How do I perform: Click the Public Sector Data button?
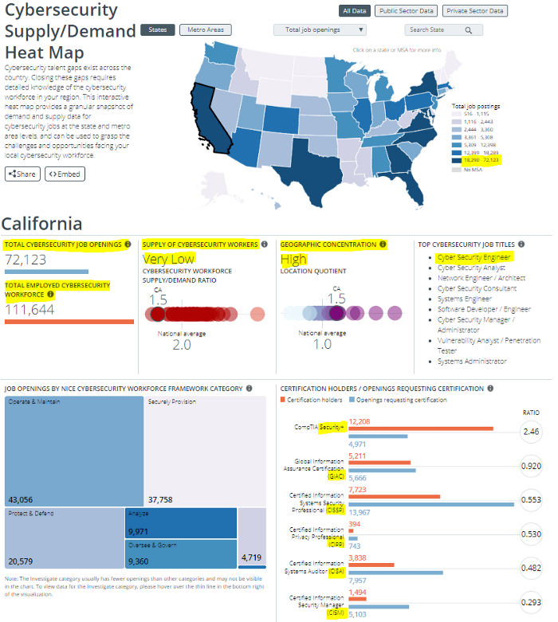click(x=406, y=11)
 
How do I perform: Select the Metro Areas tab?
click(x=205, y=30)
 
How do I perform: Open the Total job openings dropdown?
click(x=320, y=30)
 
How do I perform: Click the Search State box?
click(x=442, y=30)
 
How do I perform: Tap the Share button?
click(x=22, y=174)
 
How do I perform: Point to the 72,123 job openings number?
click(x=26, y=260)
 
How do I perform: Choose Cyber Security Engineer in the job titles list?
click(x=474, y=257)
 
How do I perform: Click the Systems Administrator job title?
click(x=472, y=361)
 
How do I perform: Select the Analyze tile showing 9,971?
click(x=180, y=522)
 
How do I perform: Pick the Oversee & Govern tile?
click(x=180, y=553)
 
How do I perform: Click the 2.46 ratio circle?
click(x=531, y=432)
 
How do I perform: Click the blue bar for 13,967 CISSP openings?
click(x=431, y=503)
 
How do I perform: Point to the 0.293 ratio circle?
click(x=531, y=603)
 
